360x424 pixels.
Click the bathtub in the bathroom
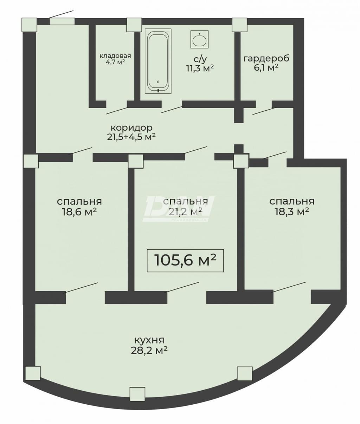click(x=158, y=61)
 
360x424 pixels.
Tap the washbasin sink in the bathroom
click(x=199, y=39)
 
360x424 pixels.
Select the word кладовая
click(x=115, y=56)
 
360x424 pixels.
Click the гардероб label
click(x=266, y=58)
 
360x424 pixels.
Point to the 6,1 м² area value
click(x=266, y=67)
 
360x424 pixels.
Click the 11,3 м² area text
click(x=200, y=68)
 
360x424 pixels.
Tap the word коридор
click(x=131, y=128)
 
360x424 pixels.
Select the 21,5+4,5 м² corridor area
click(x=131, y=137)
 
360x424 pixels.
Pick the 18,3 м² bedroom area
click(x=292, y=211)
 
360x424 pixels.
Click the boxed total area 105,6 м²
click(x=185, y=261)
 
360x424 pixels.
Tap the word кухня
click(x=149, y=340)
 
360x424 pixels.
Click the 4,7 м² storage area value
click(x=115, y=62)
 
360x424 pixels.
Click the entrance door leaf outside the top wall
click(x=62, y=14)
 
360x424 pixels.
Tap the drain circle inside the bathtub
click(x=158, y=82)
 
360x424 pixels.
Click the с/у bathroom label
click(x=200, y=59)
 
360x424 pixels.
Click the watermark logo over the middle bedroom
click(x=179, y=209)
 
